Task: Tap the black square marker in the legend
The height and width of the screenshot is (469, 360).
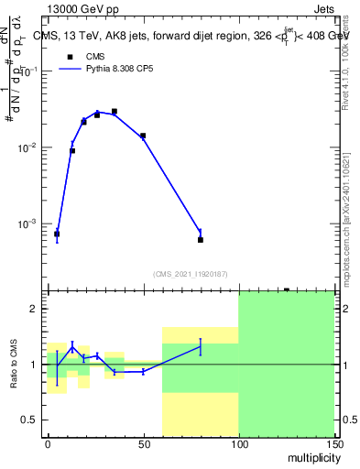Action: [68, 57]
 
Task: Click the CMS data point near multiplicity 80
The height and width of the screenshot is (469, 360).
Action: [201, 240]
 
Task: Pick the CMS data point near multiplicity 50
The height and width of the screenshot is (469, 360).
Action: [143, 136]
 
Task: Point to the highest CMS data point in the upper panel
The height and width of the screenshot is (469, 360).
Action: [115, 112]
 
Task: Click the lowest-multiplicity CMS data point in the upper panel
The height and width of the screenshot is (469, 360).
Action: [57, 234]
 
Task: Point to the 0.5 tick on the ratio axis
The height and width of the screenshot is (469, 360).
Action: [31, 420]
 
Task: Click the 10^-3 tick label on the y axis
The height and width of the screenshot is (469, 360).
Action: [26, 224]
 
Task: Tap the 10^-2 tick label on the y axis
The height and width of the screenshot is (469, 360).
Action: [26, 147]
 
